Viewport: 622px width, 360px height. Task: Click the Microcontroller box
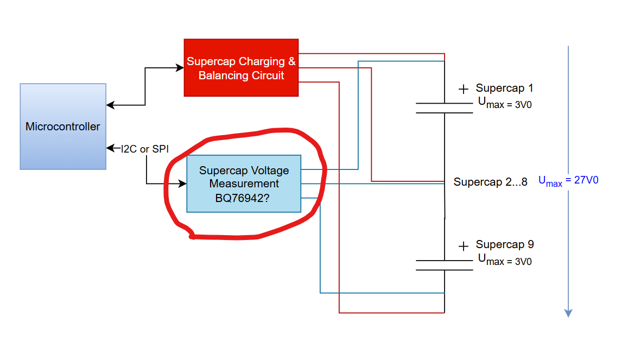pos(63,127)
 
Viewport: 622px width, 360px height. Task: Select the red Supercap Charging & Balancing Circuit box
pos(241,68)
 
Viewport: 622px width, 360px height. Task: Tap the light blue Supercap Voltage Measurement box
pos(244,184)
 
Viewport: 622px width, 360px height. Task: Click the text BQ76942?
pos(242,198)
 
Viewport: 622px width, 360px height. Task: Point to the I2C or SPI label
pos(145,149)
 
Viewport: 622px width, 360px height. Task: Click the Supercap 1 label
pos(504,88)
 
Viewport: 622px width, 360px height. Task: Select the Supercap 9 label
pos(505,244)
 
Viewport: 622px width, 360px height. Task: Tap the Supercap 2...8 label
pos(490,182)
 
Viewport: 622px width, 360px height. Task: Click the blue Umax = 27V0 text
pos(568,181)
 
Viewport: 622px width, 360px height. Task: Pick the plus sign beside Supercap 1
pos(464,89)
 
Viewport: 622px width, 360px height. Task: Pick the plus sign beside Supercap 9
pos(464,247)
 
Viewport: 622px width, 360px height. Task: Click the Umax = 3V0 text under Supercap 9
pos(505,260)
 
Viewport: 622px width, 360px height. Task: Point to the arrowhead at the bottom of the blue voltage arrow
pos(568,313)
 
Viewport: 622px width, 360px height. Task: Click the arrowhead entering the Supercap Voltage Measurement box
pos(182,184)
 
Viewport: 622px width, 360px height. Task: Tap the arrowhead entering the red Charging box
pos(180,68)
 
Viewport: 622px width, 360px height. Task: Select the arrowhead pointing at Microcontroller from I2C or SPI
pos(111,148)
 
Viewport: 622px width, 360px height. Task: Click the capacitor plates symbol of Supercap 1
pos(445,108)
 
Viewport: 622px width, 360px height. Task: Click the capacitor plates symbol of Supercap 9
pos(445,265)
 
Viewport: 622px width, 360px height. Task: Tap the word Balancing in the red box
pos(223,75)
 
